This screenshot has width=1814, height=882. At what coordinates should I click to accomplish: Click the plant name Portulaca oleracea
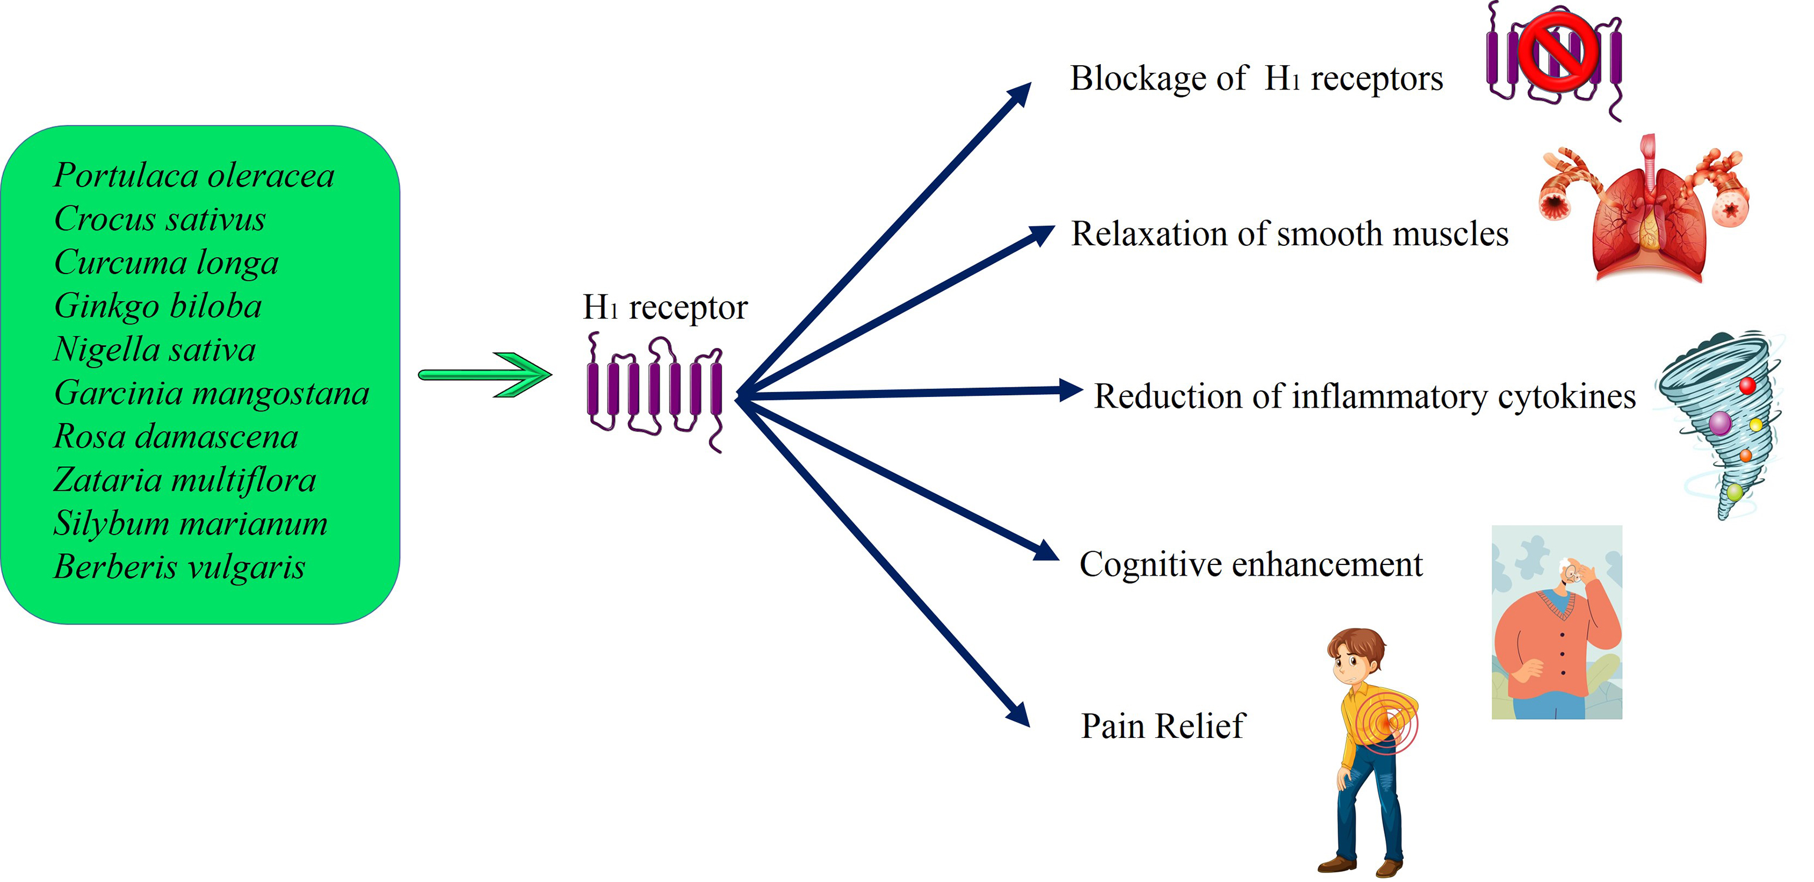click(x=194, y=176)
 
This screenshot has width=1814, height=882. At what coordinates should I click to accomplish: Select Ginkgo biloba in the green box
click(x=158, y=306)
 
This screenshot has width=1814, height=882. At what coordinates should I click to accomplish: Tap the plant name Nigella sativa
click(x=155, y=350)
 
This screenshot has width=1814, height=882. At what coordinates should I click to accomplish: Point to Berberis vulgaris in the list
click(x=179, y=567)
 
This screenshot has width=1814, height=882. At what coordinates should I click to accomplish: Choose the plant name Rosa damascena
click(x=176, y=437)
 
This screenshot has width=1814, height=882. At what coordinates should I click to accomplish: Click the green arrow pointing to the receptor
click(x=486, y=375)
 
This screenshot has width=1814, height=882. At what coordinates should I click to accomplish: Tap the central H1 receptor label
click(x=665, y=308)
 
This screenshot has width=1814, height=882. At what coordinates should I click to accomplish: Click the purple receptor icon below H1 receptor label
click(x=655, y=390)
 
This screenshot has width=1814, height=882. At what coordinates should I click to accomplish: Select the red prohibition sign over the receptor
click(x=1557, y=51)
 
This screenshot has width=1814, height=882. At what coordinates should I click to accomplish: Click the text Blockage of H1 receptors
click(x=1256, y=78)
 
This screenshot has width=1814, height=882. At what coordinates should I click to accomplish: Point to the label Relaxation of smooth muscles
click(x=1289, y=233)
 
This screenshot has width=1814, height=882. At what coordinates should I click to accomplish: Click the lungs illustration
click(x=1648, y=218)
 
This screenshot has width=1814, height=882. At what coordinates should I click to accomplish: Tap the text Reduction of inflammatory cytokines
click(x=1364, y=396)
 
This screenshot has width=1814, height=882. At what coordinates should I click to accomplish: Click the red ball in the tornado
click(x=1747, y=386)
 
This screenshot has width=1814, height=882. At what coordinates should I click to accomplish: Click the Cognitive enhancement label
click(x=1251, y=564)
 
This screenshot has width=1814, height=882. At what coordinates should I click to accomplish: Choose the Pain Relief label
click(x=1163, y=726)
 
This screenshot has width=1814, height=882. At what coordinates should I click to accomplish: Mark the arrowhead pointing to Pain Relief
click(x=1020, y=715)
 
